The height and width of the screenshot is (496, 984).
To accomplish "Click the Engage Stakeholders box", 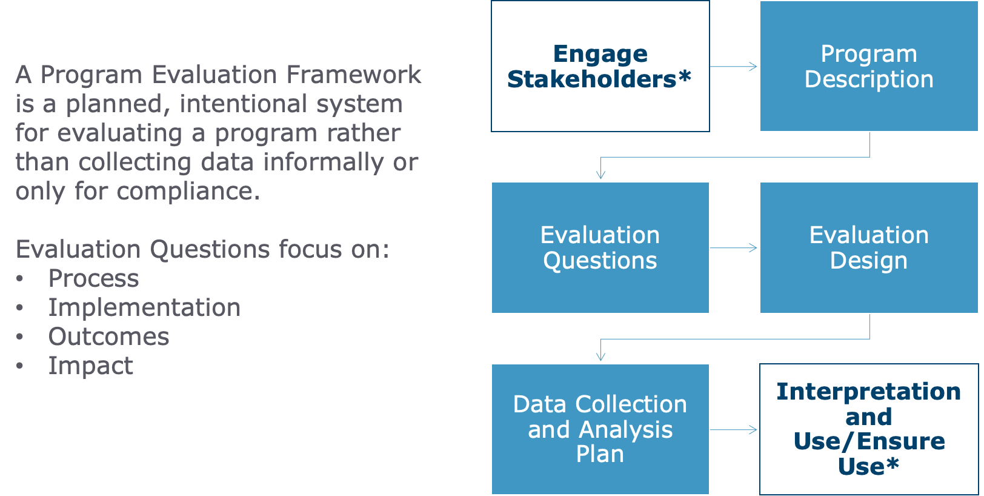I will (600, 66).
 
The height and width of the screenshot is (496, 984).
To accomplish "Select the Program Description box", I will (868, 66).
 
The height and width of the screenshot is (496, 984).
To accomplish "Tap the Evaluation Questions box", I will (600, 247).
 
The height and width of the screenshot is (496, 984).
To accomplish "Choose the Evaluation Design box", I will (868, 247).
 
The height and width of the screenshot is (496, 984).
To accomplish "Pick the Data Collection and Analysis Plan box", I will (600, 429).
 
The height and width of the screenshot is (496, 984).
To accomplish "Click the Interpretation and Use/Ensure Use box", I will (868, 429).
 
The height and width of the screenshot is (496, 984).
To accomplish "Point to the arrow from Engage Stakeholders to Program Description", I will (734, 67).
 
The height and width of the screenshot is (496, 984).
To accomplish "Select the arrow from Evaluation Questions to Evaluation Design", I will (734, 248).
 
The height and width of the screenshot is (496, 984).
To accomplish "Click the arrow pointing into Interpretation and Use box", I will (734, 430).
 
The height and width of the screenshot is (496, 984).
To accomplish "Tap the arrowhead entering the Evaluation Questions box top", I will (600, 175).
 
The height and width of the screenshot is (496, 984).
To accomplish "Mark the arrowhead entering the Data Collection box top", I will (600, 357).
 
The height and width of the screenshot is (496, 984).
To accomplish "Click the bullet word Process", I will (94, 279).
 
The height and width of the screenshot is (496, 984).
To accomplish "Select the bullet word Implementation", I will (144, 308).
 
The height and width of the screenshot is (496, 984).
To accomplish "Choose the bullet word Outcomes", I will (109, 337).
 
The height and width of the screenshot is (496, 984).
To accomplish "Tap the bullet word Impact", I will (91, 366).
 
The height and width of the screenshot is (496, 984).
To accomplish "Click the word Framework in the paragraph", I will (353, 75).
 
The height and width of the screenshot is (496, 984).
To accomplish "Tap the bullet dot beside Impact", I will (20, 366).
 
